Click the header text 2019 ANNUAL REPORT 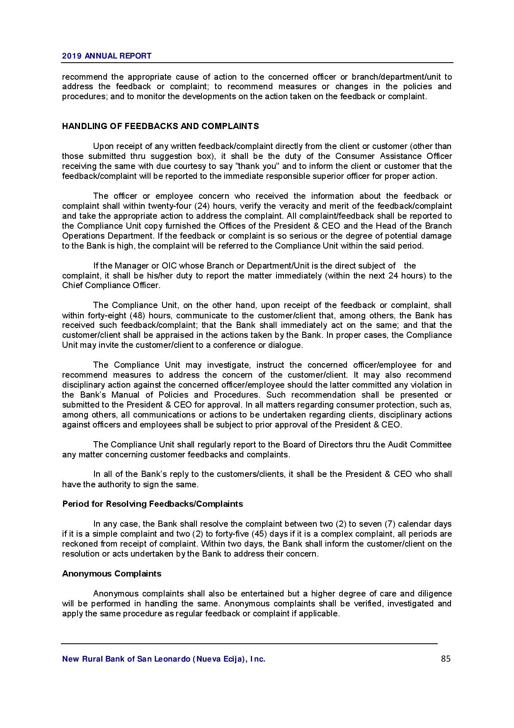tap(107, 56)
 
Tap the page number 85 tap(446, 659)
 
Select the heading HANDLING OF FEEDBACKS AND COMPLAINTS tap(160, 126)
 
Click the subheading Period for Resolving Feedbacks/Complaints tap(153, 504)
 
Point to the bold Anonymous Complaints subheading tap(112, 574)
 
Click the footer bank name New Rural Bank tap(163, 659)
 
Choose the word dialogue tap(286, 345)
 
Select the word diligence tap(432, 594)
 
